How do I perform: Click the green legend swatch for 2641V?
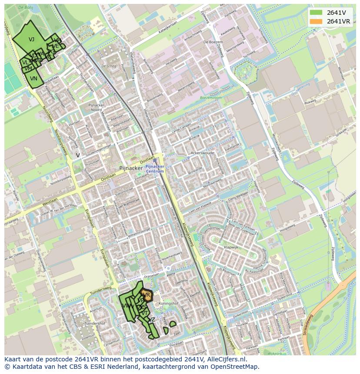point(316,13)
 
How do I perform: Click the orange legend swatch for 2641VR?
point(316,21)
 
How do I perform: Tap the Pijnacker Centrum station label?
point(155,169)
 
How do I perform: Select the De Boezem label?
point(213,42)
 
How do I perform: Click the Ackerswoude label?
point(203,153)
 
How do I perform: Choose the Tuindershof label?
point(95,324)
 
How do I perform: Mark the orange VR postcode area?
point(147,295)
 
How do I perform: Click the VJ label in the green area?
point(31,40)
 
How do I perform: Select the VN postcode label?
point(33,79)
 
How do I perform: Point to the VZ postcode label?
point(151,320)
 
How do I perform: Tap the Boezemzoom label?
point(210,98)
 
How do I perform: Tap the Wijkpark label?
point(275,354)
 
